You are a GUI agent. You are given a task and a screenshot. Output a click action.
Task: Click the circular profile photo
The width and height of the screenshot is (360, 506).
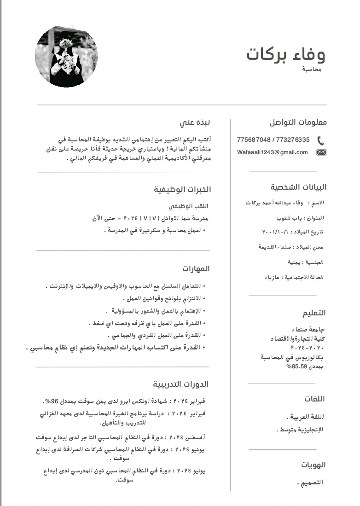click(x=66, y=56)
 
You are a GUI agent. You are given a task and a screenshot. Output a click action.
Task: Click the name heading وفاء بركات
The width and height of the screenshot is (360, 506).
click(x=286, y=55)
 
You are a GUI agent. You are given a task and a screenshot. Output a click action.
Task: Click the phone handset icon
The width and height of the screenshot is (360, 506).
click(x=321, y=140)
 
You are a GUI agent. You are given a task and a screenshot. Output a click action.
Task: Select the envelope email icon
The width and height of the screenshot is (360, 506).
click(x=321, y=152)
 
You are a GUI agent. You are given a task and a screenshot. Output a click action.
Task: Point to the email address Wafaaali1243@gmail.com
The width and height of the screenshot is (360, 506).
click(x=273, y=152)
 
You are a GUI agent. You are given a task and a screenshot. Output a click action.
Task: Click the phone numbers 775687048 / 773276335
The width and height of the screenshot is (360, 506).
click(x=273, y=140)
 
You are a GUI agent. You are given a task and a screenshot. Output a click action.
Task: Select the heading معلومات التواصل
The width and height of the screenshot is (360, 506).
click(x=297, y=122)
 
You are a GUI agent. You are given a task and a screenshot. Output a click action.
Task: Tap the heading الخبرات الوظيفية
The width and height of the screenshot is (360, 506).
click(x=182, y=189)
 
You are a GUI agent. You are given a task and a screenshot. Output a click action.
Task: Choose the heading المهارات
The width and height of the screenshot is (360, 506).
click(x=196, y=268)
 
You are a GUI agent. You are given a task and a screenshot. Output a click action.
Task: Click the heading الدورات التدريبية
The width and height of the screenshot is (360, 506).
click(x=181, y=384)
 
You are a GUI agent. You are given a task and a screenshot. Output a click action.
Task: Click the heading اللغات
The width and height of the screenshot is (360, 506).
click(x=314, y=399)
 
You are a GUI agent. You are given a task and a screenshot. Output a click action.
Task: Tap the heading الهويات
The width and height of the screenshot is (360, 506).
click(x=314, y=465)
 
